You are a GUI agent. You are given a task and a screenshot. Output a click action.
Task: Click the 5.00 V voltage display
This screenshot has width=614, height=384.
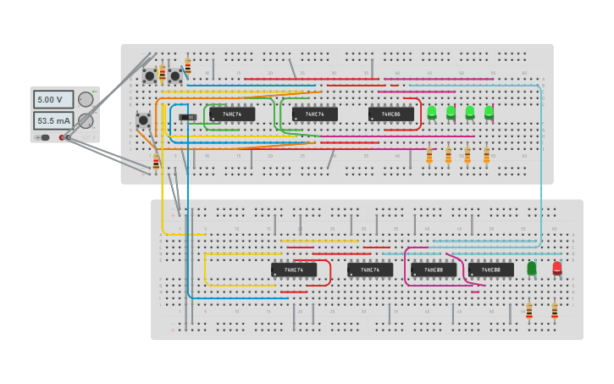53,99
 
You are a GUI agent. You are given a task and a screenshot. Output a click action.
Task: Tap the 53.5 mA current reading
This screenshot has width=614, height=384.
53,120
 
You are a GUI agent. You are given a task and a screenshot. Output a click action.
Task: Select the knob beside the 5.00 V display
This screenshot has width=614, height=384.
86,99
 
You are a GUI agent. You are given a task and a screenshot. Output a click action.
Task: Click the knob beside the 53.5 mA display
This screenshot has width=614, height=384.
86,120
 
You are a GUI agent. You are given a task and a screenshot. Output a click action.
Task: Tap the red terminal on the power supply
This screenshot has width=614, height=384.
63,137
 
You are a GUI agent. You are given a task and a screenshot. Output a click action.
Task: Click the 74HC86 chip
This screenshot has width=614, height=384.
391,114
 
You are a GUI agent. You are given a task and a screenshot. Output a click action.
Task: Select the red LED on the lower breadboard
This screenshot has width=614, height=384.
556,268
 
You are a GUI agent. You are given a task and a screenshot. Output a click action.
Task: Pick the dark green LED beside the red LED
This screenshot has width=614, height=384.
532,268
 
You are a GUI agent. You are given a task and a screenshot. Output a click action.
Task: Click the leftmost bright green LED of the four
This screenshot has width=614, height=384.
432,112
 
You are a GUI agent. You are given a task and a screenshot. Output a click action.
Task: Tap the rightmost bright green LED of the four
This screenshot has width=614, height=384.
489,112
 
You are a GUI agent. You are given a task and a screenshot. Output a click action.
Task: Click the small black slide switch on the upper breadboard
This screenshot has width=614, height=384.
188,117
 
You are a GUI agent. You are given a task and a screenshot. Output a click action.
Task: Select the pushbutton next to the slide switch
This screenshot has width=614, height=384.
143,120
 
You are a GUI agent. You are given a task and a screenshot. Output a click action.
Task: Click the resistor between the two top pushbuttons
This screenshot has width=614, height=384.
163,74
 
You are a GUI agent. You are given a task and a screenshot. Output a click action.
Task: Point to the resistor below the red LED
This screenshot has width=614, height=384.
555,311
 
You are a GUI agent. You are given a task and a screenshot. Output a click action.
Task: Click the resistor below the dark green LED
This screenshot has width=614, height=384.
529,311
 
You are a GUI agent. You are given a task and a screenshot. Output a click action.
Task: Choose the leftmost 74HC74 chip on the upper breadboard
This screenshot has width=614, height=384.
232,114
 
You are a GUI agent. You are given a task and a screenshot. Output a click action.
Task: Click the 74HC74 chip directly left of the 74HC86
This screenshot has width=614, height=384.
315,114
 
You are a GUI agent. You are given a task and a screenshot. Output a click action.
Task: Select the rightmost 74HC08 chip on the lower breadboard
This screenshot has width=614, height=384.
491,270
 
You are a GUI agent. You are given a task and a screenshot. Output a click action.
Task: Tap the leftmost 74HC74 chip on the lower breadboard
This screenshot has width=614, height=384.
294,270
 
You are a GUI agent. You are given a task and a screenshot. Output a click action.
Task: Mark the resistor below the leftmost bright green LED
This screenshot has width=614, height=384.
429,155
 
